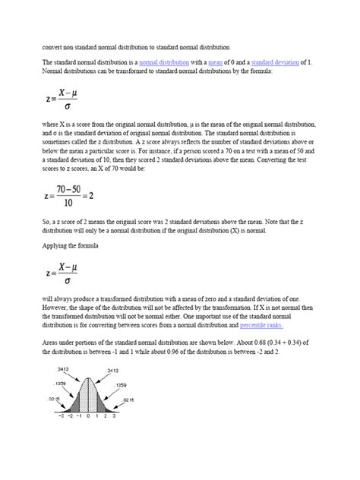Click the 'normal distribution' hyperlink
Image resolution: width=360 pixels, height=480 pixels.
coord(164,62)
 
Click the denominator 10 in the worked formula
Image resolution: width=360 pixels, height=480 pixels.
coord(70,204)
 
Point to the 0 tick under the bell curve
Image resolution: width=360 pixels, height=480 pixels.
coord(87,417)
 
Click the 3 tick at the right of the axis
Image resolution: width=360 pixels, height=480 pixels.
coord(113,417)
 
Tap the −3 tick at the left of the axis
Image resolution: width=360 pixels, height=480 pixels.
coord(61,417)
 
